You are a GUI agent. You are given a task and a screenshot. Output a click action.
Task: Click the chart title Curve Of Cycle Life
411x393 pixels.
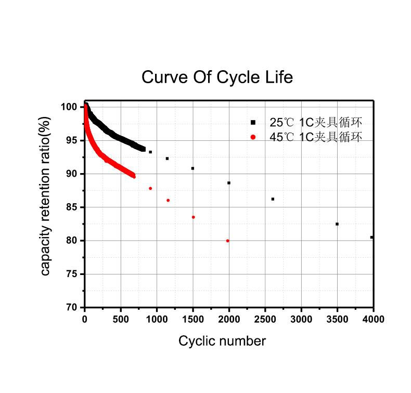pos(217,77)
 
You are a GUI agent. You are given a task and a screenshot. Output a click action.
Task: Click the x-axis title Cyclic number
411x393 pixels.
pos(222,341)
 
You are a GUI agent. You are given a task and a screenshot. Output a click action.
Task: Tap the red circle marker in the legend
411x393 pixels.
pos(253,137)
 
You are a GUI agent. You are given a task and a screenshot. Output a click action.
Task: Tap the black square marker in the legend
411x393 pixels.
pos(253,123)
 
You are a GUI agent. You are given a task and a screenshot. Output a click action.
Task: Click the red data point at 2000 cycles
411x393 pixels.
pos(228,241)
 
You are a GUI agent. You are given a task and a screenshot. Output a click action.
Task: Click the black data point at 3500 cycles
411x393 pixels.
pos(337,224)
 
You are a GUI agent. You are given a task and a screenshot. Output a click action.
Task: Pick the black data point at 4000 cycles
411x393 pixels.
pos(371,237)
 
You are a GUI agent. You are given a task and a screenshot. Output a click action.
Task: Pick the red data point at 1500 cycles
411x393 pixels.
pos(194,217)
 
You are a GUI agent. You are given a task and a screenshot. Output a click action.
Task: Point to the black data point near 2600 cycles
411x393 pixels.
pos(273,199)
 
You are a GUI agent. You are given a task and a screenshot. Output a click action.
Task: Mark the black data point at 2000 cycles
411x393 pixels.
pos(229,183)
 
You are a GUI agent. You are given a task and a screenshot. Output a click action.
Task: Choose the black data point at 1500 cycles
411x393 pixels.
pos(192,168)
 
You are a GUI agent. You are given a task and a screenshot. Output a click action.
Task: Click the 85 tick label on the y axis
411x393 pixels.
pos(71,207)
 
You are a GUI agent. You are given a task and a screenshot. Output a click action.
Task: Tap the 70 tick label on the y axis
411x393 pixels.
pos(71,308)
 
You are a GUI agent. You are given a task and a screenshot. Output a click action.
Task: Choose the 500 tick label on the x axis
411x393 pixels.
pos(121,319)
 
